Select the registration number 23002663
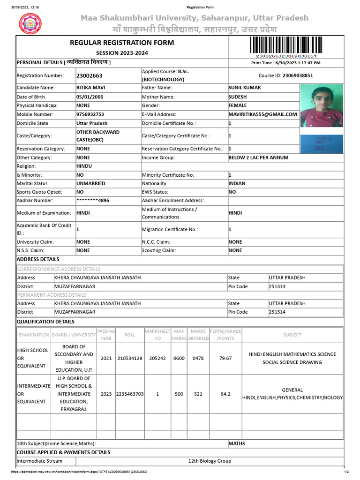pos(89,75)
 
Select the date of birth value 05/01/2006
pos(90,97)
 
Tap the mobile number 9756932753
pos(90,114)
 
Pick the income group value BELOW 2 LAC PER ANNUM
pos(258,157)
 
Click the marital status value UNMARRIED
pos(90,183)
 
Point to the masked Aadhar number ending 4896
pos(93,200)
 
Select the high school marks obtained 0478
pos(198,358)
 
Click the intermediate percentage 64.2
pos(225,394)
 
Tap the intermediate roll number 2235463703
pos(130,394)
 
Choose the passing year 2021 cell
pos(106,358)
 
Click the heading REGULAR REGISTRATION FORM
pos(122,43)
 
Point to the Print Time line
pos(285,63)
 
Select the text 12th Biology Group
pos(210,461)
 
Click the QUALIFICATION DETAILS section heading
pos(45,322)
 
